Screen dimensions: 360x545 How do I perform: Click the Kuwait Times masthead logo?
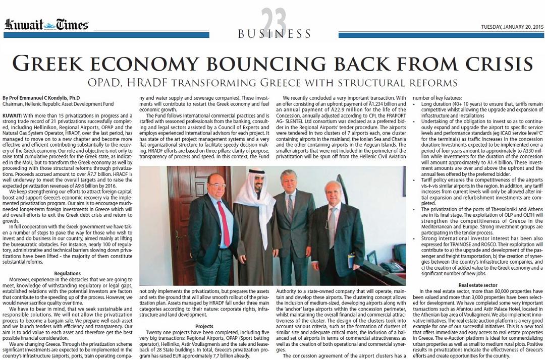(x=46, y=25)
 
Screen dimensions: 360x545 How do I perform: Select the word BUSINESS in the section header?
(x=275, y=34)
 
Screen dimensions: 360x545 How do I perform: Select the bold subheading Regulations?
(x=68, y=273)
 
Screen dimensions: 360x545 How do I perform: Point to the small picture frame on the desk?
(x=372, y=257)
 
